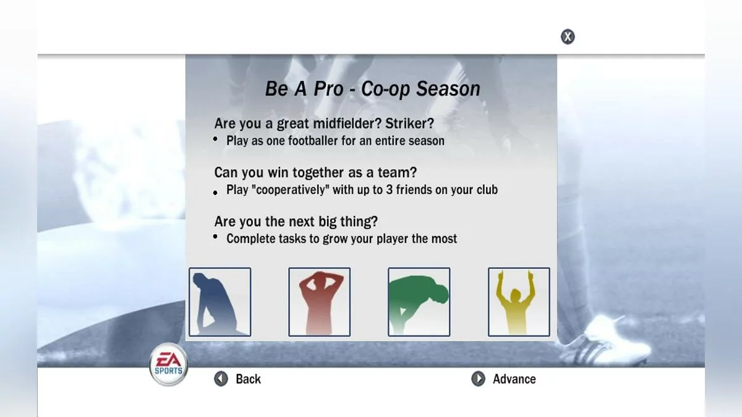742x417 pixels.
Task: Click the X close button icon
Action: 568,36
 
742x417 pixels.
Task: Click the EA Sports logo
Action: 168,365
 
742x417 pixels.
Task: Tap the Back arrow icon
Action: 221,379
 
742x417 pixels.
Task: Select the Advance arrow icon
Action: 478,379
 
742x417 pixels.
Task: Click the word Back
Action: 248,379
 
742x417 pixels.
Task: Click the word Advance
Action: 514,379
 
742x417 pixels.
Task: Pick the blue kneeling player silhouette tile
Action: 220,301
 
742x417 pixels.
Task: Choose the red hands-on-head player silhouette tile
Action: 319,301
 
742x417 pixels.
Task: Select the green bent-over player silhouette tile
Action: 419,301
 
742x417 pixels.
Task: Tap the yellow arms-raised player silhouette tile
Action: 518,301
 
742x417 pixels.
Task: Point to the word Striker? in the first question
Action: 414,123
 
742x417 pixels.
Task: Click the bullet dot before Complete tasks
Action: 215,237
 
